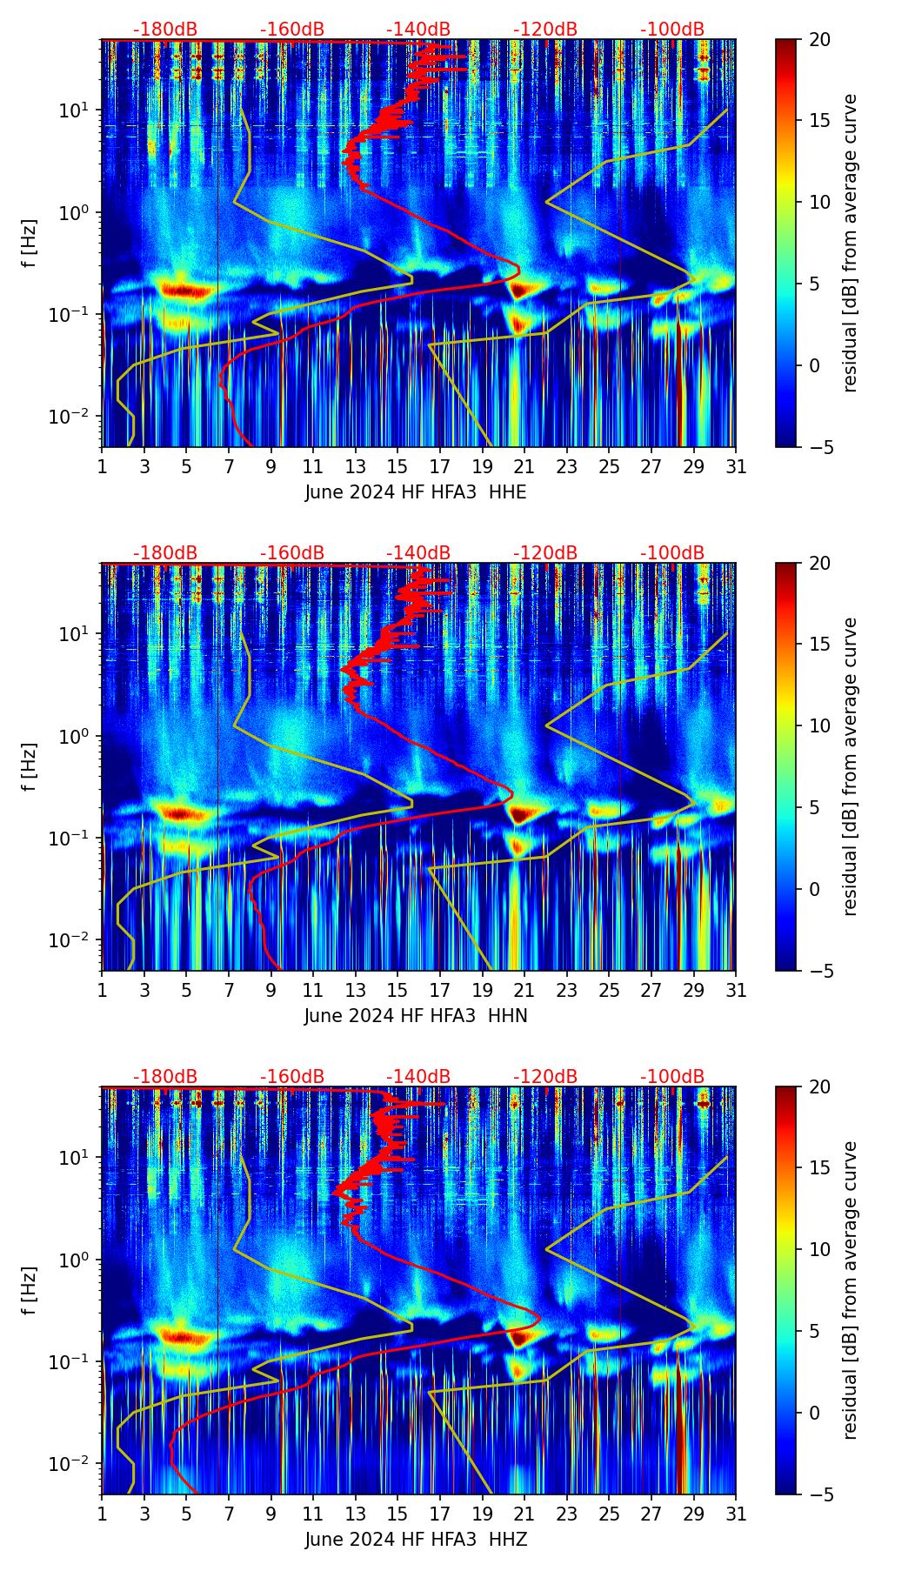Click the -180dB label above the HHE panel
coord(165,30)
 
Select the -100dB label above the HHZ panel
coord(672,1077)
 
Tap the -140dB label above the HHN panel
coord(418,553)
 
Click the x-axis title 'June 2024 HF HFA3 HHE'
coord(416,492)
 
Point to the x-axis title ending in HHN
coord(416,1016)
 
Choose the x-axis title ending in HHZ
coord(416,1540)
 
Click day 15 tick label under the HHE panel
coord(397,467)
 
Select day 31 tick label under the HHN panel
coord(736,991)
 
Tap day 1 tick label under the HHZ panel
coord(102,1514)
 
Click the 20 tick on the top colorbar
coord(819,40)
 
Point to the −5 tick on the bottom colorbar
coord(819,1494)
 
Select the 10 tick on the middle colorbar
coord(819,725)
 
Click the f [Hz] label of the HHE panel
coord(30,244)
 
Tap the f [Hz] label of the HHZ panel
coord(30,1291)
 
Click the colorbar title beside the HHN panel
coord(850,766)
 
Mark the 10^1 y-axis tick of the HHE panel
coord(76,110)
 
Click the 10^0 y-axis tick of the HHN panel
coord(76,737)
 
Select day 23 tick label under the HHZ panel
coord(566,1514)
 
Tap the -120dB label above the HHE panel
coord(545,30)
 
